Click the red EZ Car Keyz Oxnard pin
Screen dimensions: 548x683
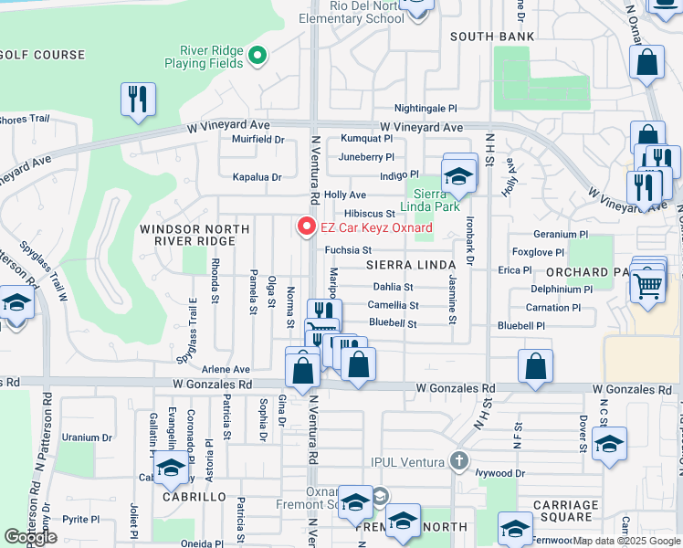307,226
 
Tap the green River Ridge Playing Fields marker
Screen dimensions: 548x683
257,56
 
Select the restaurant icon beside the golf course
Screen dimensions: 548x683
138,100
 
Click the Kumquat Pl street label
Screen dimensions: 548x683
366,139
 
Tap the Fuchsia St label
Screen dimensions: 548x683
347,249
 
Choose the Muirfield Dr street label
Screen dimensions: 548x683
258,140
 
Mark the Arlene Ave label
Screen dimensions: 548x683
227,369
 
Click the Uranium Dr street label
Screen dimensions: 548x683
87,437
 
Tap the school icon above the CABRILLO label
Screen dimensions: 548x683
170,469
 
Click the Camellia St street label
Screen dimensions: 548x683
393,305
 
